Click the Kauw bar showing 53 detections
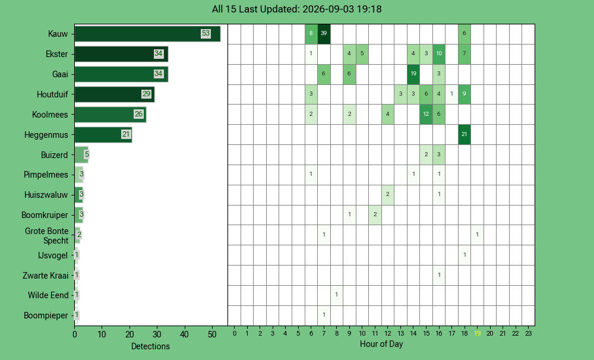point(147,34)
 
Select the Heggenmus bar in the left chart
point(103,134)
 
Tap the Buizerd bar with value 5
point(81,154)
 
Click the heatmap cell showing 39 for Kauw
point(324,34)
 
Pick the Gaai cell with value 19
point(413,74)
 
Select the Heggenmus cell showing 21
point(465,134)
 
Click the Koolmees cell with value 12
point(426,115)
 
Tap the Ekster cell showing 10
point(439,54)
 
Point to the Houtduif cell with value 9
point(465,94)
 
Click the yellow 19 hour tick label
point(478,333)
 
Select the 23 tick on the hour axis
point(529,333)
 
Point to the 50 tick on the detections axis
point(212,334)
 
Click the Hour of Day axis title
point(381,344)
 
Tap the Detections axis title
point(150,346)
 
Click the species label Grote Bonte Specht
point(46,236)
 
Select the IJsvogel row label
point(53,255)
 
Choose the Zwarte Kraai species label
point(46,276)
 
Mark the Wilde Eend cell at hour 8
point(336,295)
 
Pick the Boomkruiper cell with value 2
point(375,215)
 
